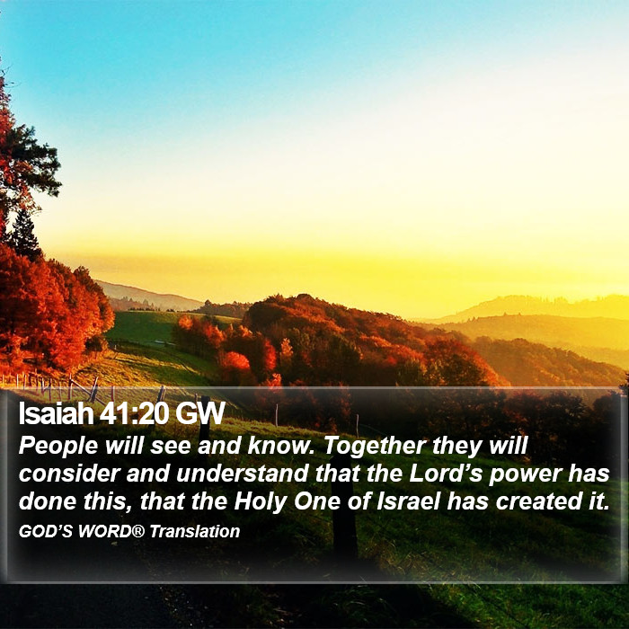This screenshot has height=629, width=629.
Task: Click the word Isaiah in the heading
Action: click(x=56, y=412)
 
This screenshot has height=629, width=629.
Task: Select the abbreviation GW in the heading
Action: click(x=199, y=412)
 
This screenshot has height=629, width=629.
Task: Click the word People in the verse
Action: click(x=58, y=447)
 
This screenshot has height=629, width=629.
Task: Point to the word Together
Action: click(x=375, y=447)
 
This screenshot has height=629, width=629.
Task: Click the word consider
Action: click(x=69, y=474)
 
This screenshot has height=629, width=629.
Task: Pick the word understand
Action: click(x=243, y=474)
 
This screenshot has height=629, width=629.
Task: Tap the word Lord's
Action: click(x=446, y=474)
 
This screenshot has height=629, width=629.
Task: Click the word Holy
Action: click(x=261, y=501)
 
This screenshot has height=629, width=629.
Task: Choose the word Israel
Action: click(x=409, y=501)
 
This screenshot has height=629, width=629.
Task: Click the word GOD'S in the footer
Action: click(x=46, y=532)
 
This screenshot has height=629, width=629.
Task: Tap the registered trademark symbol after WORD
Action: click(x=137, y=532)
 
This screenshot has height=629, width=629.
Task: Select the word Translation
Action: click(x=195, y=532)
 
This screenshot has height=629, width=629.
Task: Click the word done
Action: click(x=48, y=501)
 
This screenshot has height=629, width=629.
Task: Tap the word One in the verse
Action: click(x=318, y=501)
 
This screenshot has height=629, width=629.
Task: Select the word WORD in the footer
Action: click(x=104, y=532)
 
